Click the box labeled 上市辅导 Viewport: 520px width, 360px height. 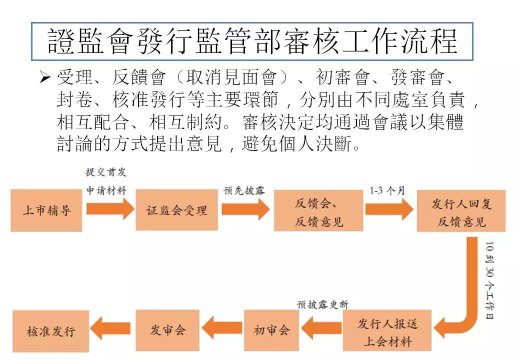click(46, 210)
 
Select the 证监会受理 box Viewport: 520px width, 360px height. click(177, 210)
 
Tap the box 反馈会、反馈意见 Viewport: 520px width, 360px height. click(318, 210)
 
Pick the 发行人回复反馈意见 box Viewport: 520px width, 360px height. click(461, 211)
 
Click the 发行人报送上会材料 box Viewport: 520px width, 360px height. click(387, 330)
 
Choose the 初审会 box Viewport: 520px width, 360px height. click(271, 330)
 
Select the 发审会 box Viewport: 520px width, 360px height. click(167, 330)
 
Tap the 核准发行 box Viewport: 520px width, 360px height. click(50, 331)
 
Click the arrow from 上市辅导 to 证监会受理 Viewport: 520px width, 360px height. click(110, 209)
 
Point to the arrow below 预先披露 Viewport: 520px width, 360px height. click(245, 209)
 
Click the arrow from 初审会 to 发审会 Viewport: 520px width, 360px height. click(222, 327)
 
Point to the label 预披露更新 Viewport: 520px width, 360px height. click(322, 304)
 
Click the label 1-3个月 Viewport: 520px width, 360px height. click(387, 190)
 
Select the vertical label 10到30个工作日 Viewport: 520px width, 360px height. click(489, 280)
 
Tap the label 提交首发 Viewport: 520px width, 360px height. click(106, 172)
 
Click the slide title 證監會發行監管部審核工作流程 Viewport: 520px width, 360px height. click(252, 41)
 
